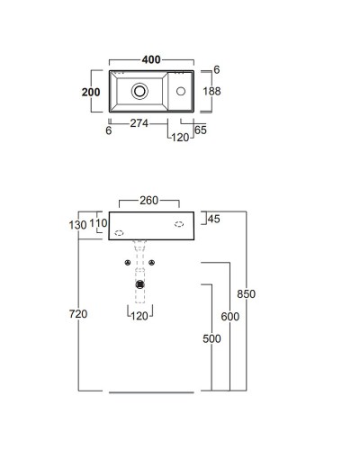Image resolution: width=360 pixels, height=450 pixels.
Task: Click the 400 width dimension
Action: click(x=151, y=59)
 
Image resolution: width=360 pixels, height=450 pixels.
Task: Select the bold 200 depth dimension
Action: click(x=91, y=92)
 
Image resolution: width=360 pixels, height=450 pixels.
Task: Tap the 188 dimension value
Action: click(x=211, y=91)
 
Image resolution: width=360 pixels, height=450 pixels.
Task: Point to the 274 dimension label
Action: click(x=139, y=123)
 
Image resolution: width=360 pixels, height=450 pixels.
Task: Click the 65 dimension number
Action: click(x=201, y=130)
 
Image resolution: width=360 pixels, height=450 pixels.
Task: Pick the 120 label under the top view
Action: click(x=180, y=138)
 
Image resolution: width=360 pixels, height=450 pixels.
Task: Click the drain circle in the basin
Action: click(x=139, y=91)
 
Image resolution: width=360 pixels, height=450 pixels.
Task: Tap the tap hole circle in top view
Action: click(x=181, y=91)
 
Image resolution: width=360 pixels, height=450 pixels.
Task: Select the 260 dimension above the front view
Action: click(x=149, y=201)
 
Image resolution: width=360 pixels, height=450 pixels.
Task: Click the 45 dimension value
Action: click(x=214, y=219)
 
